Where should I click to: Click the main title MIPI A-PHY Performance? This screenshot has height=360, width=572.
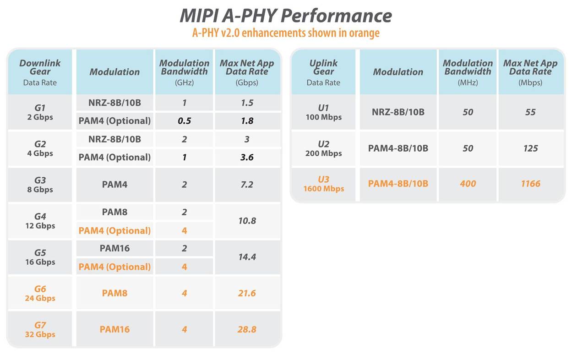click(286, 16)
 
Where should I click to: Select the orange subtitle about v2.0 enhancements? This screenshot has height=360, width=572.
click(286, 33)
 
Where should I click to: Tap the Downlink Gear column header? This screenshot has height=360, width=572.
click(40, 71)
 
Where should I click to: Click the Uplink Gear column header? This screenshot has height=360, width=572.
click(323, 71)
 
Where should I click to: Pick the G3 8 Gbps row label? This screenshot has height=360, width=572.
click(40, 185)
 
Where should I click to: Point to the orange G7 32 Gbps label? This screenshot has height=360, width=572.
click(40, 329)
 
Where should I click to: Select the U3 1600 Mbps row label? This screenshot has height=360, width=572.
click(323, 184)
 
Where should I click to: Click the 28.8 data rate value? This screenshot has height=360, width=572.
click(247, 329)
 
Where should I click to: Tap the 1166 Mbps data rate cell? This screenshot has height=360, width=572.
click(530, 184)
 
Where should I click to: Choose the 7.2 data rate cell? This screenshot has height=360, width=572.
click(247, 185)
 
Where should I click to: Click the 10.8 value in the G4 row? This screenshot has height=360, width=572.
click(247, 221)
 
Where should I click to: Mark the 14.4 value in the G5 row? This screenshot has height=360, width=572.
click(247, 257)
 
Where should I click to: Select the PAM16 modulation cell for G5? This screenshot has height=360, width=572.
click(114, 248)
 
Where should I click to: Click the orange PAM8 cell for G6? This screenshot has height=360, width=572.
click(114, 293)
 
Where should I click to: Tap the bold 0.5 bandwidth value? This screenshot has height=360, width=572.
click(184, 121)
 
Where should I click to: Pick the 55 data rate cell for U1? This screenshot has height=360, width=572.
click(530, 112)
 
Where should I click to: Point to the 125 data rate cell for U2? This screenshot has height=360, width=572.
click(530, 148)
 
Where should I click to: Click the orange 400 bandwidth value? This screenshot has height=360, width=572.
click(468, 184)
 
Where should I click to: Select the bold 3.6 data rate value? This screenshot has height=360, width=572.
click(247, 157)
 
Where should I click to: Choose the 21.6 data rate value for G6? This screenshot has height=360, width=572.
click(247, 293)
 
